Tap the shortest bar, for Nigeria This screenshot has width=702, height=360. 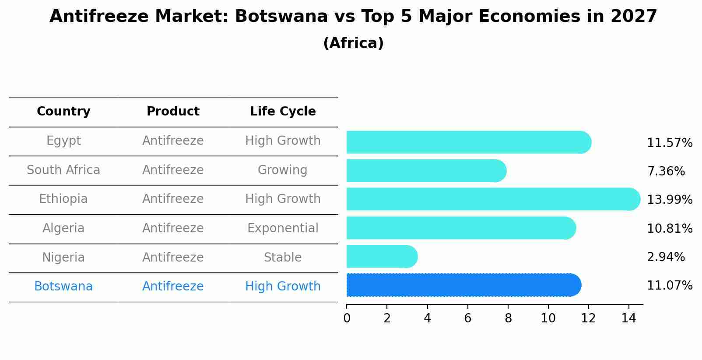pyautogui.click(x=381, y=256)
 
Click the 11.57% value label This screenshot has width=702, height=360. pyautogui.click(x=669, y=143)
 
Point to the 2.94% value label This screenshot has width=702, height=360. pyautogui.click(x=665, y=257)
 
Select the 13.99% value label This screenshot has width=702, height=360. pyautogui.click(x=669, y=200)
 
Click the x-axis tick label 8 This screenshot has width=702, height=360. pyautogui.click(x=508, y=318)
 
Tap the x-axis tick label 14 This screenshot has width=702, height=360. pyautogui.click(x=628, y=318)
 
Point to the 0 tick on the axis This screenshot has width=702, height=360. pyautogui.click(x=347, y=318)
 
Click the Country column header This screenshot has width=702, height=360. pyautogui.click(x=63, y=112)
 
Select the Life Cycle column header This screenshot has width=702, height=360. pyautogui.click(x=283, y=112)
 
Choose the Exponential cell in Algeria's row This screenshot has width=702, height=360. pyautogui.click(x=283, y=228)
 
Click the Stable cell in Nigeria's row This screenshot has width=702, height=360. pyautogui.click(x=283, y=258)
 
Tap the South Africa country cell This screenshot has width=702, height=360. pyautogui.click(x=63, y=170)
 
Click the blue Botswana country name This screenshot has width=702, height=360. pyautogui.click(x=63, y=287)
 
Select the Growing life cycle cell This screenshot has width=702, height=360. pyautogui.click(x=283, y=170)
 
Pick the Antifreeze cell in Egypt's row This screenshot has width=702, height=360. pyautogui.click(x=173, y=141)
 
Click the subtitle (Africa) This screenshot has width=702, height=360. pyautogui.click(x=353, y=43)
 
